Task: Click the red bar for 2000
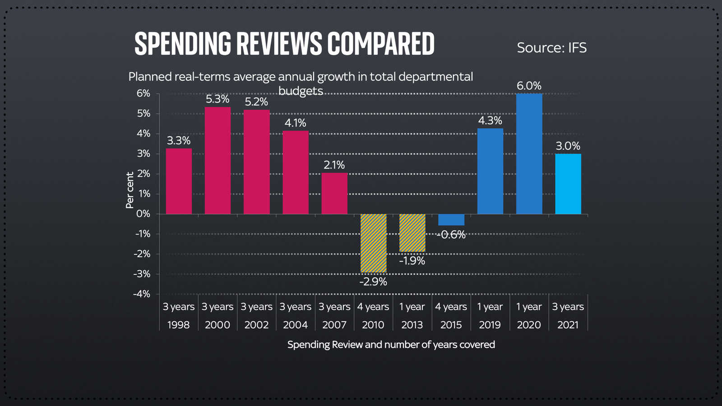pos(218,161)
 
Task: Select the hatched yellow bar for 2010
pos(373,243)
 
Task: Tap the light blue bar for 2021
pos(568,184)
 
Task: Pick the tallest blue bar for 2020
pos(529,154)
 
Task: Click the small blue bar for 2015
pos(451,220)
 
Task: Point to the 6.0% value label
pos(529,86)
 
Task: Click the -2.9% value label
pos(373,282)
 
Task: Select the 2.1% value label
pos(334,165)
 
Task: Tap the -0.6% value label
pos(452,235)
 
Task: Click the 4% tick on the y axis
pos(143,134)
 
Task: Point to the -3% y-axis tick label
pos(142,274)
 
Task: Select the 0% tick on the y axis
pos(143,214)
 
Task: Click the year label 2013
pos(412,325)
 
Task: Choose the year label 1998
pos(178,325)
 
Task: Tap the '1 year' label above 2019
pos(490,307)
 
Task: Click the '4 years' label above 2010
pos(373,307)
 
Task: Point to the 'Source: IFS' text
pos(551,48)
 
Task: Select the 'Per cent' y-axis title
pos(130,190)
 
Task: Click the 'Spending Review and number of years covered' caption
pos(391,345)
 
